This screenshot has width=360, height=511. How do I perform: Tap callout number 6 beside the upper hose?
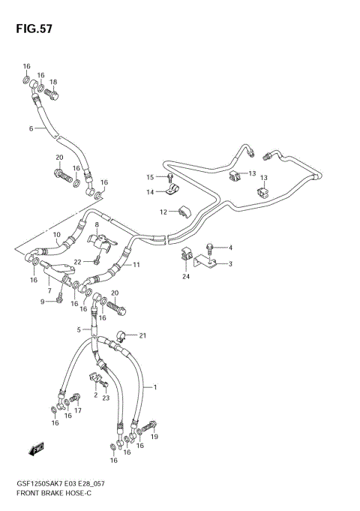coord(31,128)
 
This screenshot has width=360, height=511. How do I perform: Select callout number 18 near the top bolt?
coord(53,82)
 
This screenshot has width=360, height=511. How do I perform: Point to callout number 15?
coord(149,177)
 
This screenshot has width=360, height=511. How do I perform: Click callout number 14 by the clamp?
coord(149,192)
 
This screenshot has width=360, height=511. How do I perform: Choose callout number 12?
coord(162,212)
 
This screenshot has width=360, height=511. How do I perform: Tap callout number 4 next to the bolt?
coord(230,248)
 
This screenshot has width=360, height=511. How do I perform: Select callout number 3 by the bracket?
coord(230,263)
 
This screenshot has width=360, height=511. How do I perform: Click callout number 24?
coord(185,276)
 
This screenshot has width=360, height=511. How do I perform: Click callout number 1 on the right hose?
coord(154,387)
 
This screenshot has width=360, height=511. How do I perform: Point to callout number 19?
coord(154,436)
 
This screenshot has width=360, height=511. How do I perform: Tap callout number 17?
coord(77,410)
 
